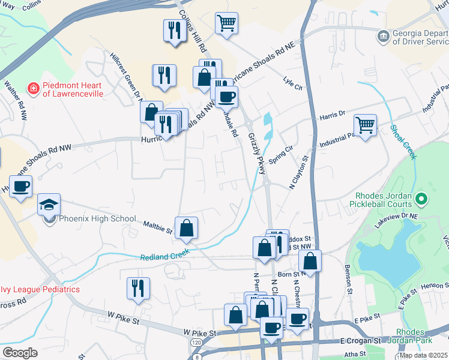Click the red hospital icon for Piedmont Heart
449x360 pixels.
(34, 89)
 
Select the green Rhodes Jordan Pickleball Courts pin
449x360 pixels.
(421, 198)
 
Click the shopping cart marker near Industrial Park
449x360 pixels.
(365, 125)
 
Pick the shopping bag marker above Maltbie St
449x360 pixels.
(187, 228)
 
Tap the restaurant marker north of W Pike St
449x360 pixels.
(138, 287)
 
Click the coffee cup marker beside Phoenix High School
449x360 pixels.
(20, 186)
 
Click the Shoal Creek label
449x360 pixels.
(403, 142)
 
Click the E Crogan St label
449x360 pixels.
(360, 340)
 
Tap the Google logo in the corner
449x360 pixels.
(20, 352)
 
